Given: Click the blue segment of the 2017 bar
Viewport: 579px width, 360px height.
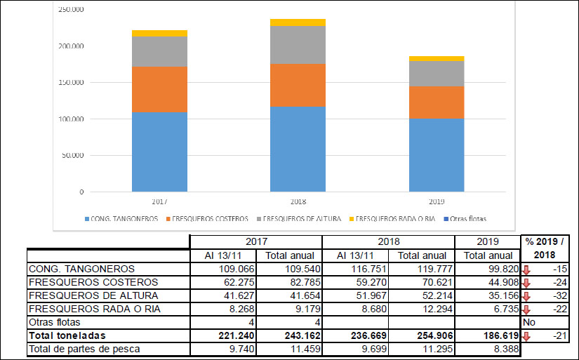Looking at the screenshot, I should coord(159,152).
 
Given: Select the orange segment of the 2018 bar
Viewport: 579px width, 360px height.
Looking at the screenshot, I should coord(298,85).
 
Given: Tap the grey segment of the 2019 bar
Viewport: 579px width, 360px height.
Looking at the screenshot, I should coord(436,74).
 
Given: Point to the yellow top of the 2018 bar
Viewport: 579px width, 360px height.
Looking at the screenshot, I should coord(298,22).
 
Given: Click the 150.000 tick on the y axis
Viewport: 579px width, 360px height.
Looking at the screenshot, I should coord(71,83).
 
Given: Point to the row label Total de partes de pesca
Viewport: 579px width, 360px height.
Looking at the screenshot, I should coord(84,349).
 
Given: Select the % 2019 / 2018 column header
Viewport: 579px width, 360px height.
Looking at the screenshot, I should coord(544,248).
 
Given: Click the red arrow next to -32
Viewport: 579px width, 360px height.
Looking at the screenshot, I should coord(526,295).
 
